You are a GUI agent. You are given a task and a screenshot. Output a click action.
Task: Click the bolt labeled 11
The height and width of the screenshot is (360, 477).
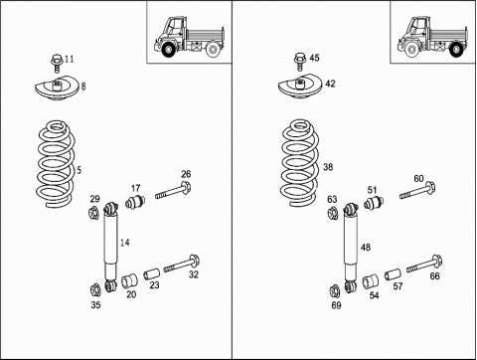(57, 64)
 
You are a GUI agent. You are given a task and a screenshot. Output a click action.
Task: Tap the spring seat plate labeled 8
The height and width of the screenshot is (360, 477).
(57, 89)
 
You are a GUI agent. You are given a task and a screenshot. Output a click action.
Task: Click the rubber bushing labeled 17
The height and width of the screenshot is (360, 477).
(135, 201)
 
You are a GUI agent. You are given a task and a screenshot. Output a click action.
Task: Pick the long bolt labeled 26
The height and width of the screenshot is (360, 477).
(173, 191)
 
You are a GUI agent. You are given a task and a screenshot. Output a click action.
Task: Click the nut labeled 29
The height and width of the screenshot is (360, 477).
(93, 213)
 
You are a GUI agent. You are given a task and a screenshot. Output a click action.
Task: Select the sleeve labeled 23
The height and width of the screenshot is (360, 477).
(151, 273)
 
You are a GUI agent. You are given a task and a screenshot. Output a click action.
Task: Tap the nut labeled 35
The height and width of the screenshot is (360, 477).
(95, 290)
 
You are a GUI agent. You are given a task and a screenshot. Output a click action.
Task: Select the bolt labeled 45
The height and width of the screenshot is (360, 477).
(300, 62)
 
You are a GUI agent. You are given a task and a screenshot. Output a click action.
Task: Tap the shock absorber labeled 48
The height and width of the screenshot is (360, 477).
(350, 249)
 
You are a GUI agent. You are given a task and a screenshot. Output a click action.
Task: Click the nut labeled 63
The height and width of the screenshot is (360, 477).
(332, 213)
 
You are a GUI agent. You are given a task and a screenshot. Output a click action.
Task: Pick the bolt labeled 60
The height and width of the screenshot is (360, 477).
(417, 191)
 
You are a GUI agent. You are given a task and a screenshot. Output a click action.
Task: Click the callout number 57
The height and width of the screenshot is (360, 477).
(397, 286)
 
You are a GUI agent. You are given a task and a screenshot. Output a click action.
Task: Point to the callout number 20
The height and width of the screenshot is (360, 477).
(131, 294)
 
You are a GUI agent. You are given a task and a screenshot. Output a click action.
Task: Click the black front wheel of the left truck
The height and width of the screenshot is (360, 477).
(168, 50)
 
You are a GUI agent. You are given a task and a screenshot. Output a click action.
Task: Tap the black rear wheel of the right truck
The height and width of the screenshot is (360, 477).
(456, 50)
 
